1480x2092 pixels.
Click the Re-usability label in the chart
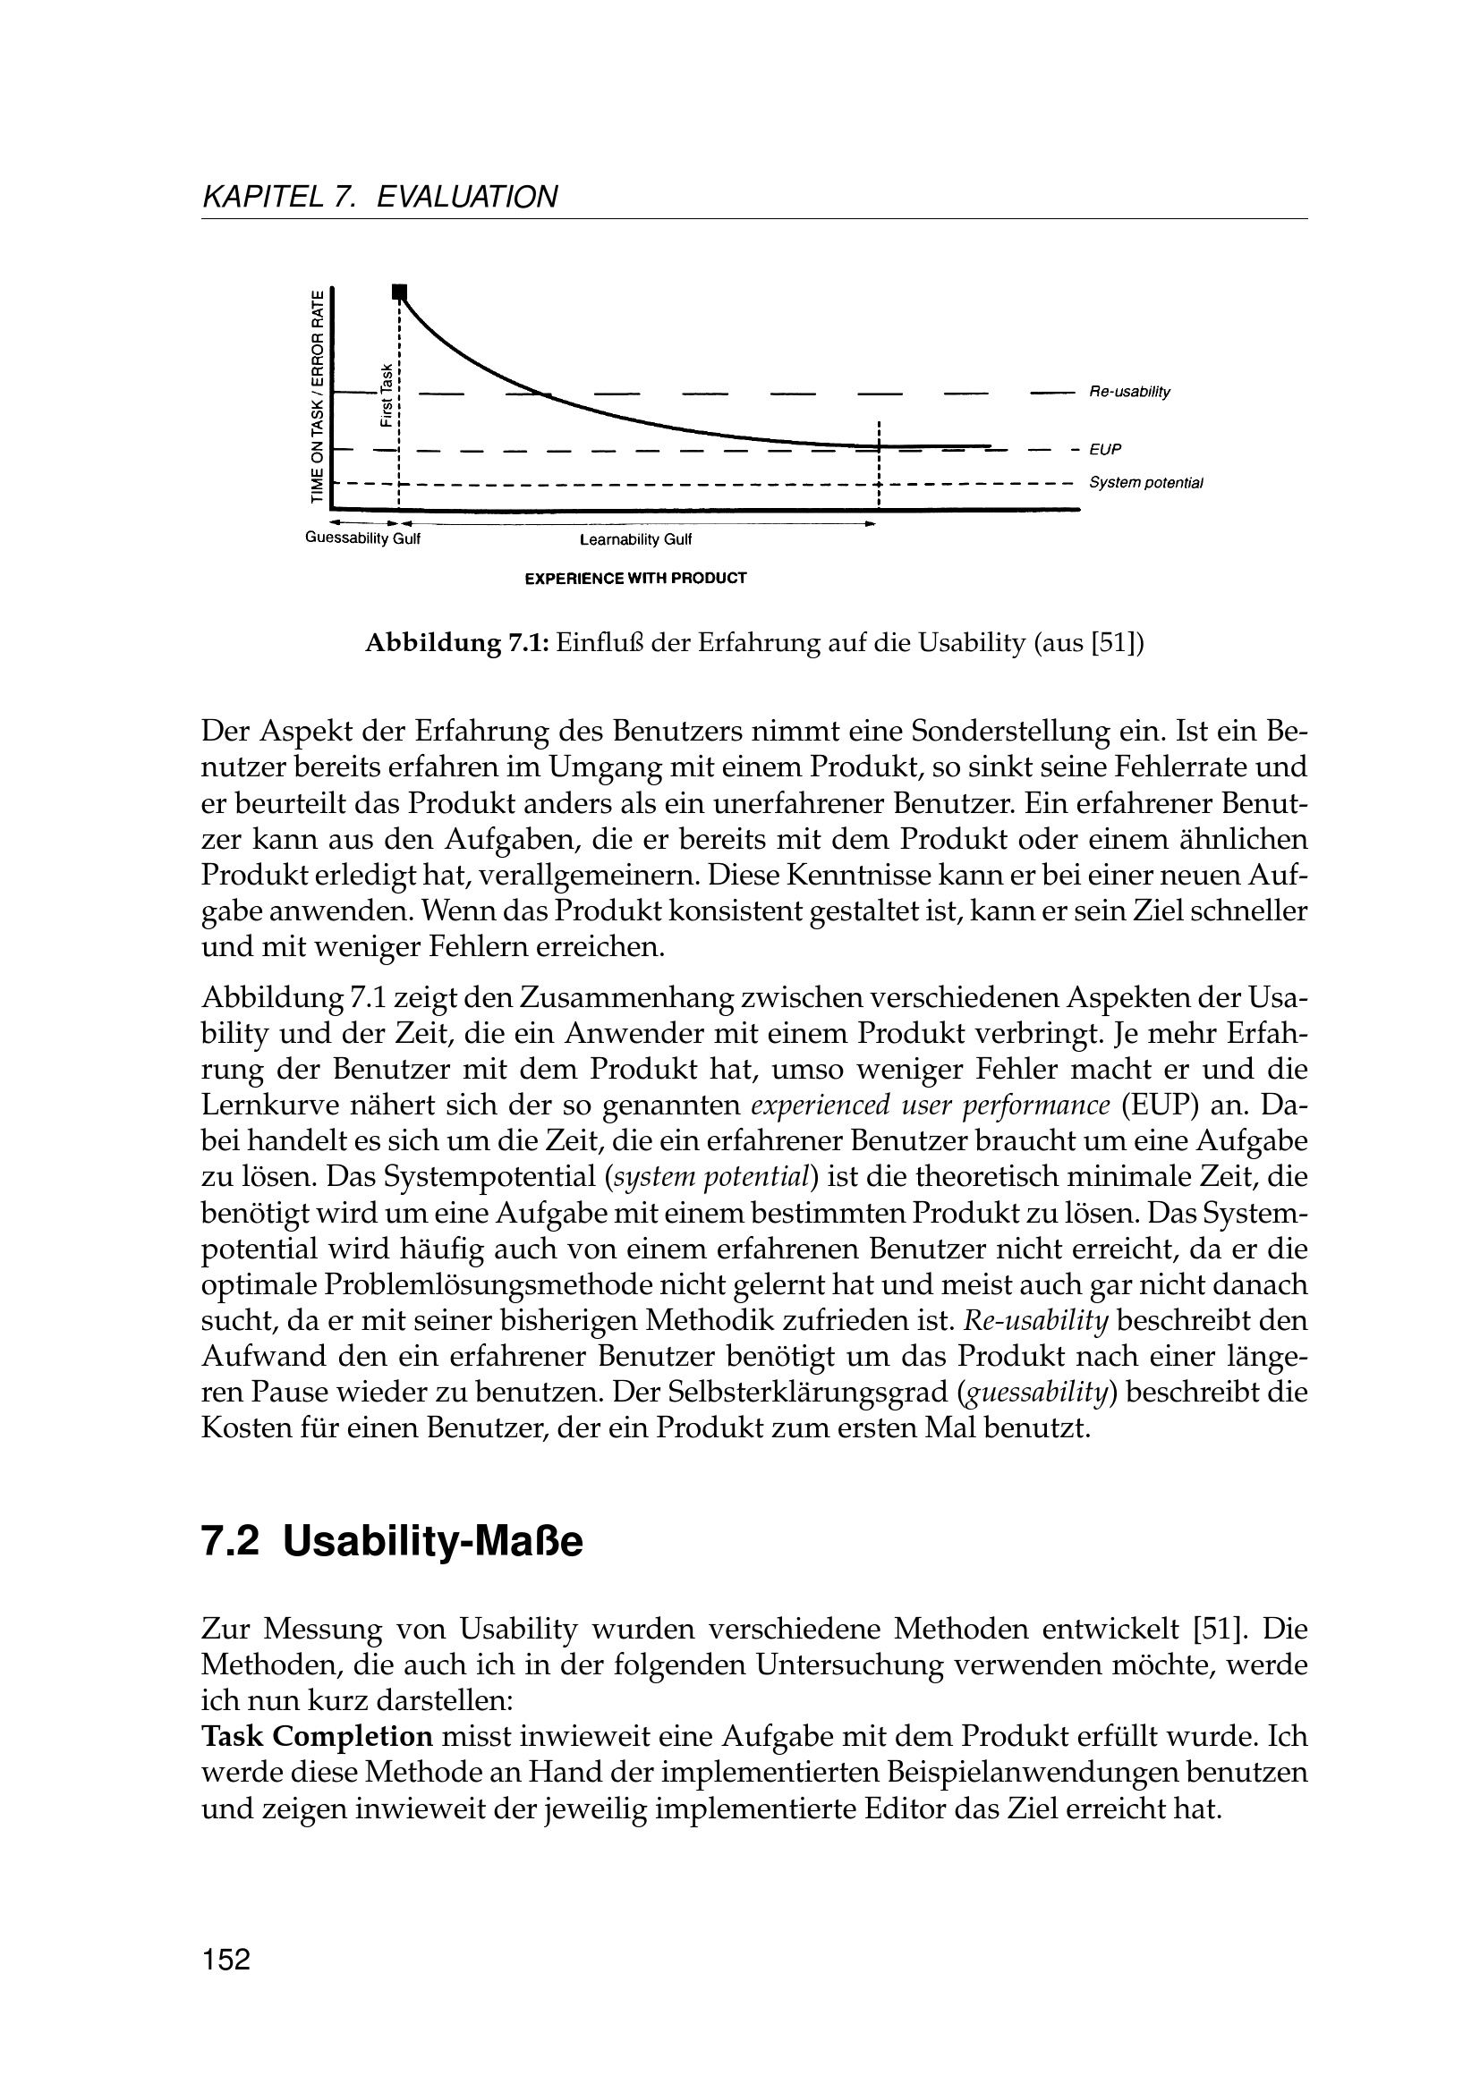point(1128,392)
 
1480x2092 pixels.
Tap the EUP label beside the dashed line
point(1104,449)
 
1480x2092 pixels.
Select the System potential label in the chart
point(1145,482)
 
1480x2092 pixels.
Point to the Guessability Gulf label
point(361,538)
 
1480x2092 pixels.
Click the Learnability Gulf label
point(636,540)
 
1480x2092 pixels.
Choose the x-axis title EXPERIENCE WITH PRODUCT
point(635,578)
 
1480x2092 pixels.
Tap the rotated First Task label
point(387,395)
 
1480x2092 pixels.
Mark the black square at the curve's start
point(398,292)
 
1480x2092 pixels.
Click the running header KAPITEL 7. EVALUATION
point(379,197)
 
